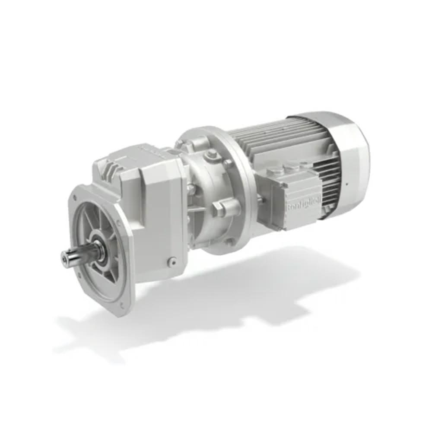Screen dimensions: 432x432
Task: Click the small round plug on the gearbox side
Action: (172, 261)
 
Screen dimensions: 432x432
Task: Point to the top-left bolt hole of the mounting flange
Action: (77, 197)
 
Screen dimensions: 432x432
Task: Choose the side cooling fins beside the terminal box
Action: (330, 181)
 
